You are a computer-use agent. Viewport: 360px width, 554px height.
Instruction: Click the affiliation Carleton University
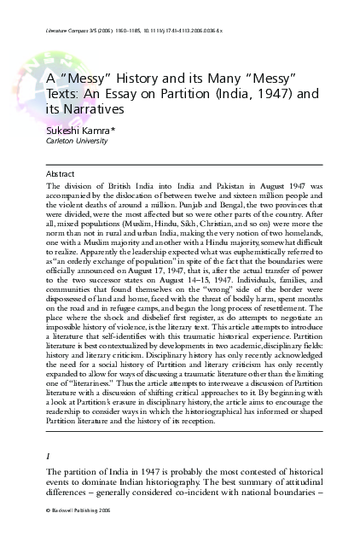75,142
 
